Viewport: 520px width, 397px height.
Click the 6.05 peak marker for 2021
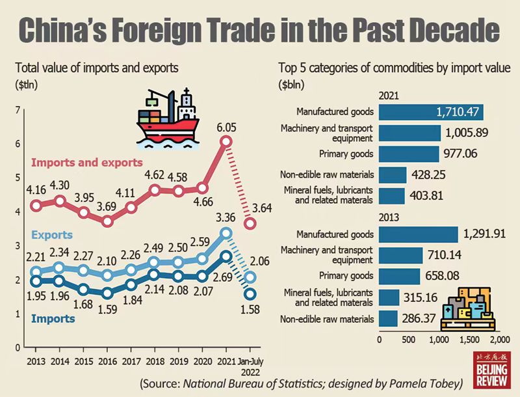[x=226, y=141]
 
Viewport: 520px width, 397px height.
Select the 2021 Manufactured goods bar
[x=431, y=111]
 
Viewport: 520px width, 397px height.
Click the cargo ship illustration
[x=167, y=117]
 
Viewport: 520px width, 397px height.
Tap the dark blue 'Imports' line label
[x=53, y=318]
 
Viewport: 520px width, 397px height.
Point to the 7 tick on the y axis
[x=18, y=110]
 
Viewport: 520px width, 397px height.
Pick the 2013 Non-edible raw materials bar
[x=388, y=318]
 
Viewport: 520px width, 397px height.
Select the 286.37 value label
[x=419, y=319]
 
